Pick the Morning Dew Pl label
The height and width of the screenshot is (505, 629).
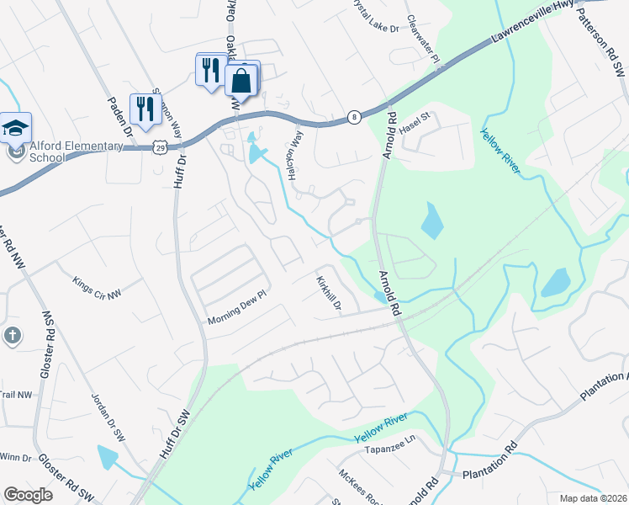click(x=236, y=316)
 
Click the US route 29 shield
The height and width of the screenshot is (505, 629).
click(x=159, y=146)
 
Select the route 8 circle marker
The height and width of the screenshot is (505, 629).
click(x=356, y=117)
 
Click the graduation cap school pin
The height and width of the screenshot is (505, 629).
click(x=15, y=128)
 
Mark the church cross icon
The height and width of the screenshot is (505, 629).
click(x=12, y=336)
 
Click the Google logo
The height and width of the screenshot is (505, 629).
click(x=28, y=495)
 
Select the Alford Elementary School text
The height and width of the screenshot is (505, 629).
click(x=66, y=151)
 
